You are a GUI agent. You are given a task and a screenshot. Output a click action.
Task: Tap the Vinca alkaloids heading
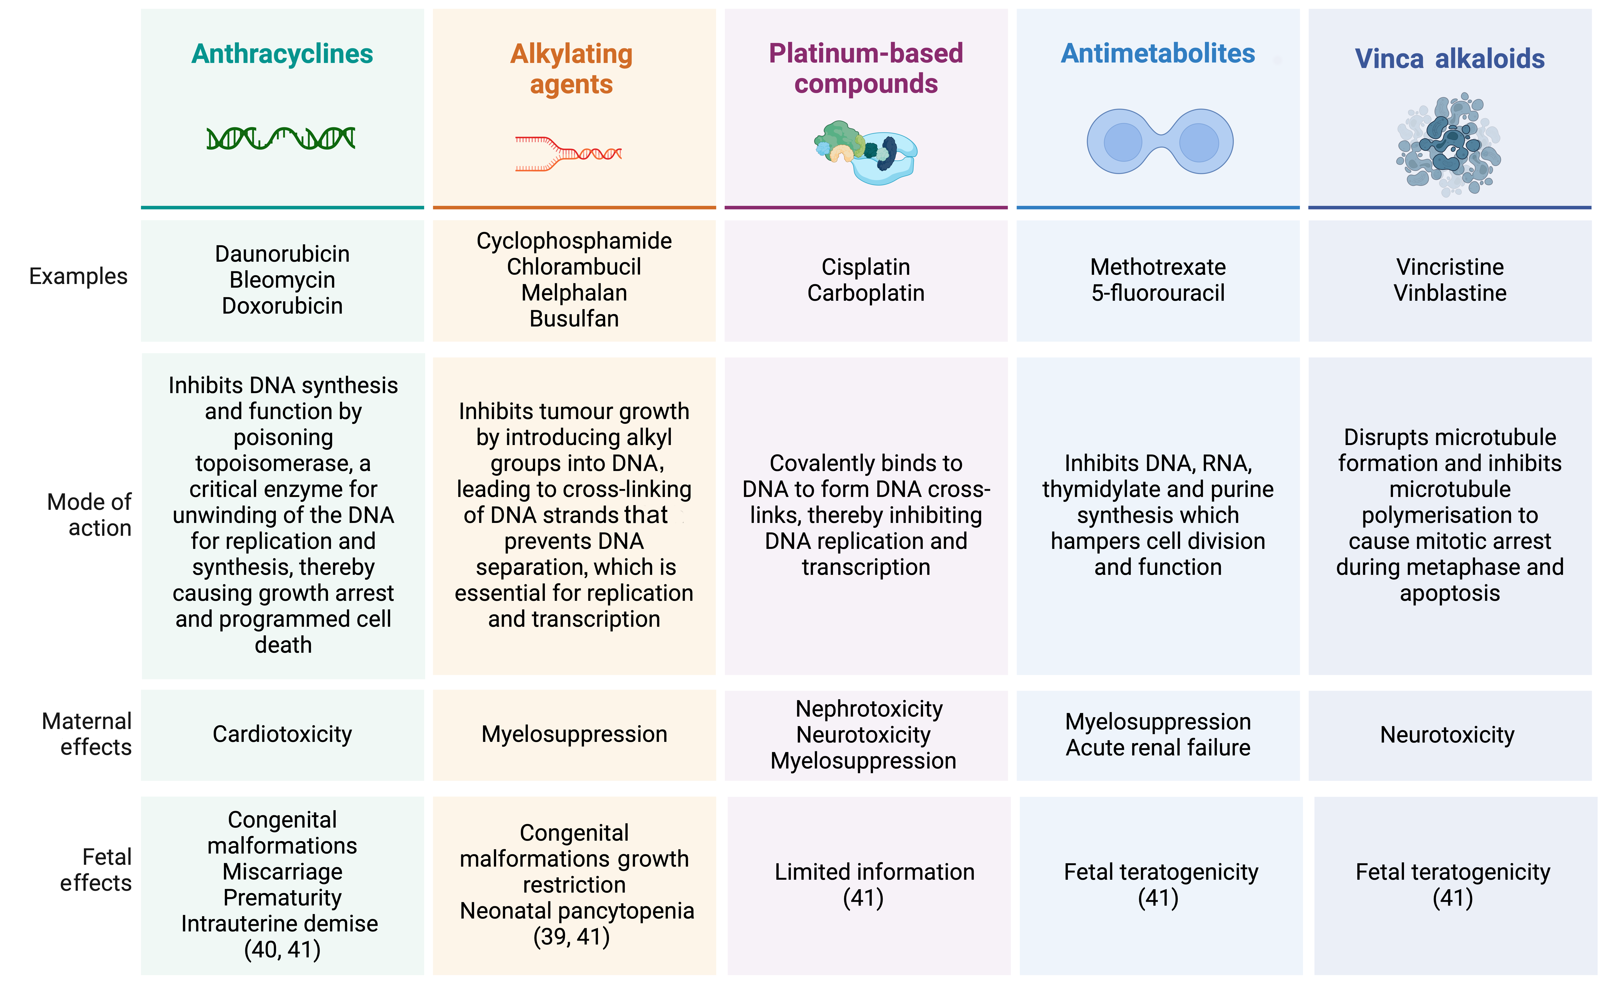tap(1450, 59)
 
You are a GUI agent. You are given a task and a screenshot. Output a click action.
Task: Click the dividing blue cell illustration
tap(1160, 142)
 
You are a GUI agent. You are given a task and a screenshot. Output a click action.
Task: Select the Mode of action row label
tap(90, 515)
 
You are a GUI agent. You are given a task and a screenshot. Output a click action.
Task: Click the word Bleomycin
tap(282, 280)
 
